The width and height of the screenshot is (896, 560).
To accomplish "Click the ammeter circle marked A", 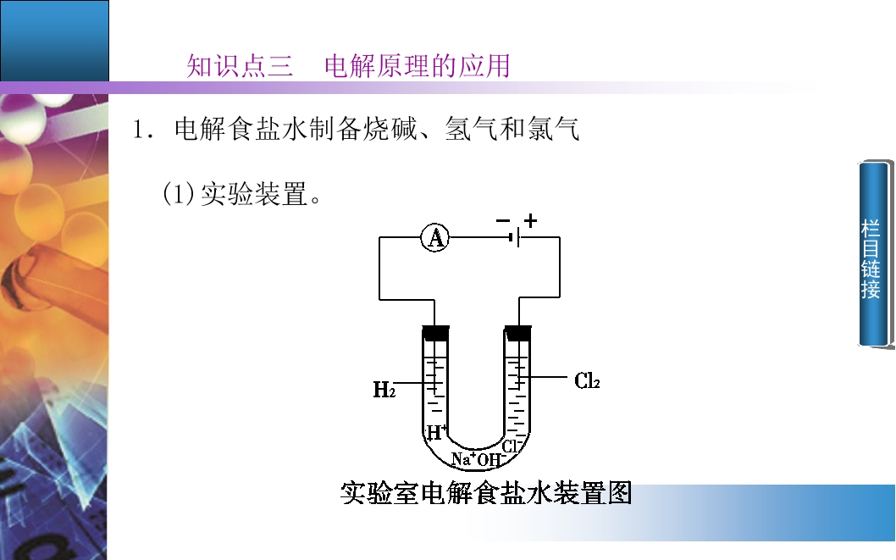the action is (434, 238).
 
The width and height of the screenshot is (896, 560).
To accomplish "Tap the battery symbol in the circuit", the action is (516, 237).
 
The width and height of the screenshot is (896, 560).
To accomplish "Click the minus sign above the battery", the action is (503, 220).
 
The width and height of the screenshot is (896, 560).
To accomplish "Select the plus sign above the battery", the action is (530, 220).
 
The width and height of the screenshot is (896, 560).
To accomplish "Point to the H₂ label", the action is (384, 390).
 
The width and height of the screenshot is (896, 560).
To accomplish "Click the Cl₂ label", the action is (587, 380).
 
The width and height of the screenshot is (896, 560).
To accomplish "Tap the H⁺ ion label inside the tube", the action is (437, 432).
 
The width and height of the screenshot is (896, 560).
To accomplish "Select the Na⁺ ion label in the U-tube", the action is (463, 459).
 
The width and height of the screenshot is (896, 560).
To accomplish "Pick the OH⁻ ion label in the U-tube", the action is (489, 460).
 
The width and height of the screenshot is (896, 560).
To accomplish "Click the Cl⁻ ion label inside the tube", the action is (511, 446).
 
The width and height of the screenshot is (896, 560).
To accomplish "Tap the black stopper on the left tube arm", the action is (435, 333).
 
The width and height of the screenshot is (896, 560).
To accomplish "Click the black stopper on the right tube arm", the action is (517, 333).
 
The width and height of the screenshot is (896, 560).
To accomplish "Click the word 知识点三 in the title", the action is (240, 66).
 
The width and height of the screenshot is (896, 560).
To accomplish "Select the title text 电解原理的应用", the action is (418, 66).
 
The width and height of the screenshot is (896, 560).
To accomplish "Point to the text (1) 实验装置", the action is (241, 194).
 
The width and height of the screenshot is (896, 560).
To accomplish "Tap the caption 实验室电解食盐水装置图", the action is (486, 492).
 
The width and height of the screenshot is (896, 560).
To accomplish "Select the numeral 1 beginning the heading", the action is (137, 130).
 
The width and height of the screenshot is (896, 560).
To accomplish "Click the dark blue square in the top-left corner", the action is (54, 41).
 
